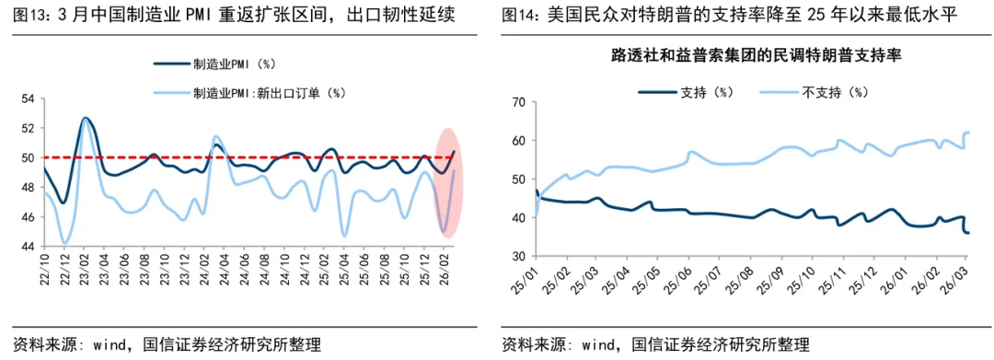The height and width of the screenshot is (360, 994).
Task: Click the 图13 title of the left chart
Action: [230, 16]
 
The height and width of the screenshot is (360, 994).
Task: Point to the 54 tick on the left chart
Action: [27, 99]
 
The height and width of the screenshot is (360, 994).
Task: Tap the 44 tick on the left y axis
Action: [27, 246]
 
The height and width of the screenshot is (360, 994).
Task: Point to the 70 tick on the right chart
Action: [517, 102]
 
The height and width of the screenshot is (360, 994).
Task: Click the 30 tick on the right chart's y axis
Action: [517, 256]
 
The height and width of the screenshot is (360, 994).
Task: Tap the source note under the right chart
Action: [655, 345]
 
